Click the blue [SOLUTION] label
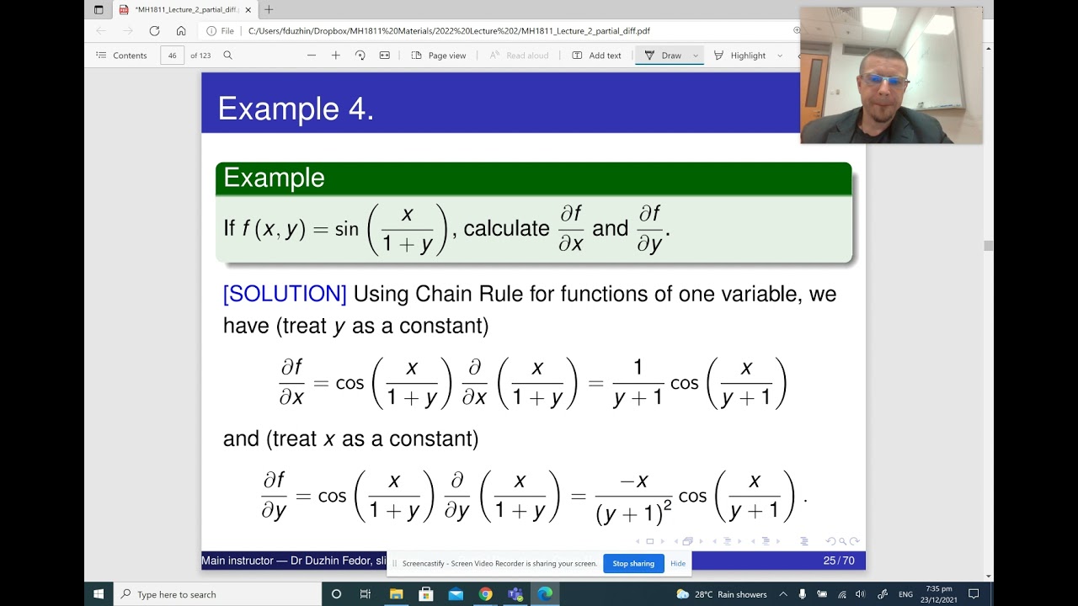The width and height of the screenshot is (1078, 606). pyautogui.click(x=285, y=294)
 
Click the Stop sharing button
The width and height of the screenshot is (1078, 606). pyautogui.click(x=633, y=564)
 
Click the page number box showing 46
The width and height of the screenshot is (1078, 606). pyautogui.click(x=172, y=56)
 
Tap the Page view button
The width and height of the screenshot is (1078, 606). pyautogui.click(x=439, y=56)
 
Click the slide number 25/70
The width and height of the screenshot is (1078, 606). pyautogui.click(x=839, y=561)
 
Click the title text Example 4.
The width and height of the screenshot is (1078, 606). pyautogui.click(x=296, y=109)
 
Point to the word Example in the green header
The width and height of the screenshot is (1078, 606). pyautogui.click(x=274, y=178)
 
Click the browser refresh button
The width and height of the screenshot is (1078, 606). pyautogui.click(x=154, y=31)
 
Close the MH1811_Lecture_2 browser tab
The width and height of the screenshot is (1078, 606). pyautogui.click(x=248, y=10)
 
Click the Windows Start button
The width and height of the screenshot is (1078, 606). pyautogui.click(x=99, y=594)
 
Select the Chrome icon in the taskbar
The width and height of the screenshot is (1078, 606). pyautogui.click(x=485, y=594)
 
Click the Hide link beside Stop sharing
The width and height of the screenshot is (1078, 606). pyautogui.click(x=678, y=564)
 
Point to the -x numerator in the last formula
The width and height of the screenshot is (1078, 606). pyautogui.click(x=633, y=481)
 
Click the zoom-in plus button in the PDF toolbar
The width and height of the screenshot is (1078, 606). pyautogui.click(x=335, y=56)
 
